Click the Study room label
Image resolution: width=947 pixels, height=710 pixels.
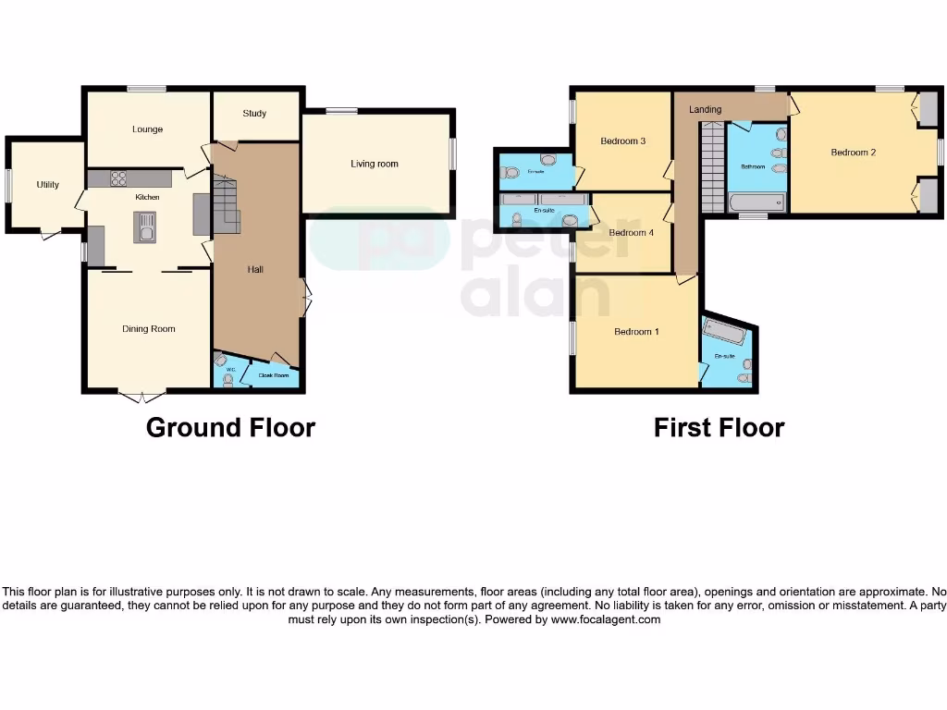pos(254,114)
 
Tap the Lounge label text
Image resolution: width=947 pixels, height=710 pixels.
pos(147,129)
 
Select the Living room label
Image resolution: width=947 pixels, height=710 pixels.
pos(375,164)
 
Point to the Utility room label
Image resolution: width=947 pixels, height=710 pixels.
pos(48,185)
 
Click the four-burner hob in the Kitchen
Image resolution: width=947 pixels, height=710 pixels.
pos(119,178)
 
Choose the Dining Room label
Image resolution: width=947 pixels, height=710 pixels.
pos(149,329)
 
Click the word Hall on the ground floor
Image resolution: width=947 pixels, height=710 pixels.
pos(255,270)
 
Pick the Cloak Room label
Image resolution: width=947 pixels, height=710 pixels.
pos(273,376)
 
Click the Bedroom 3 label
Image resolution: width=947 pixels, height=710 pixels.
pos(622,141)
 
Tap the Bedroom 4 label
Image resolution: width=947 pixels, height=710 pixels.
pos(631,233)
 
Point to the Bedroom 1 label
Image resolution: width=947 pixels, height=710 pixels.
pos(636,332)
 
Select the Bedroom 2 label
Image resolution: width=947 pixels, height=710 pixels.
pos(853,153)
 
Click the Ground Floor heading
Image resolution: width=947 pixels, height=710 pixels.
pos(230,428)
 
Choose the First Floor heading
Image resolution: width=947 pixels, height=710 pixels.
pos(719,428)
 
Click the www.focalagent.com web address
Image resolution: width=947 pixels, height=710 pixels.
pos(606,620)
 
